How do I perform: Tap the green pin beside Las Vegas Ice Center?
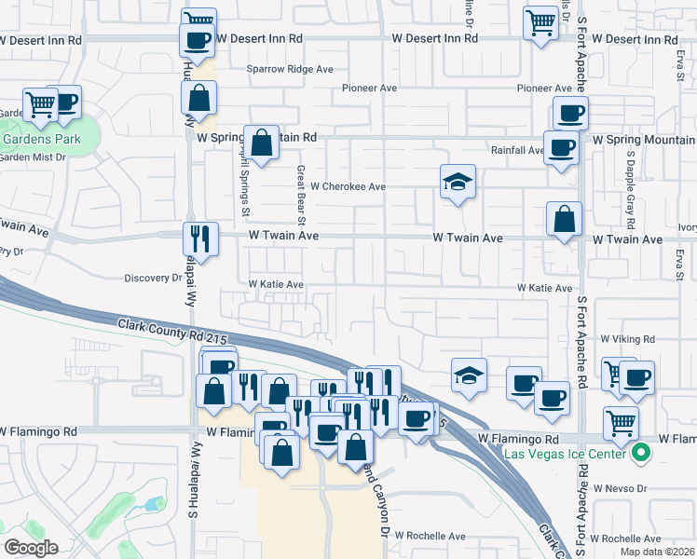coord(640,454)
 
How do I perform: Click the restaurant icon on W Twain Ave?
coord(200,238)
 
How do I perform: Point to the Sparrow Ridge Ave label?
coord(290,69)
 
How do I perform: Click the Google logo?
coord(31,548)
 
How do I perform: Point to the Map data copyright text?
coord(658,552)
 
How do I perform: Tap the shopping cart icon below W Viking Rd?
coord(621,423)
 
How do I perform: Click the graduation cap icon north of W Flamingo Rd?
coord(469,375)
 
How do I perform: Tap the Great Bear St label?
coord(301,196)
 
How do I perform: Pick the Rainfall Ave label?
coord(517,150)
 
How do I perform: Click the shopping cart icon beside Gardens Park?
coord(40,106)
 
